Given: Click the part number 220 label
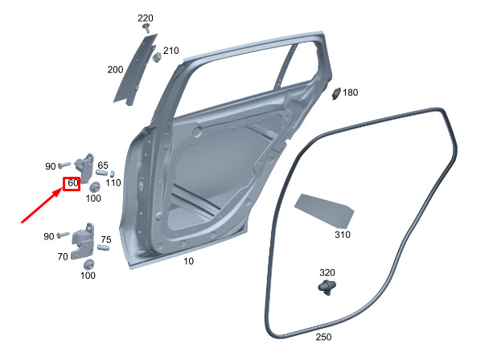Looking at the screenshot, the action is point(146,18).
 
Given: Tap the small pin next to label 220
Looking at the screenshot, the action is point(146,27).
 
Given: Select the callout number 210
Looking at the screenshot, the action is point(170,51).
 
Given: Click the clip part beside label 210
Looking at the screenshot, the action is point(157,57).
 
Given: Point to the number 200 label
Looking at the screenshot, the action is point(115,70).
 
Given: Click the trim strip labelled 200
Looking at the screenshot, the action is point(135,70).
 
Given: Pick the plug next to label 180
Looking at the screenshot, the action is point(336,93).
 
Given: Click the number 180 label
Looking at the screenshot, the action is point(351,92).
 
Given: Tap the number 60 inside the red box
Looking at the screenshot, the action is point(73,183).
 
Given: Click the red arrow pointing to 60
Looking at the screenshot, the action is point(42,205).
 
